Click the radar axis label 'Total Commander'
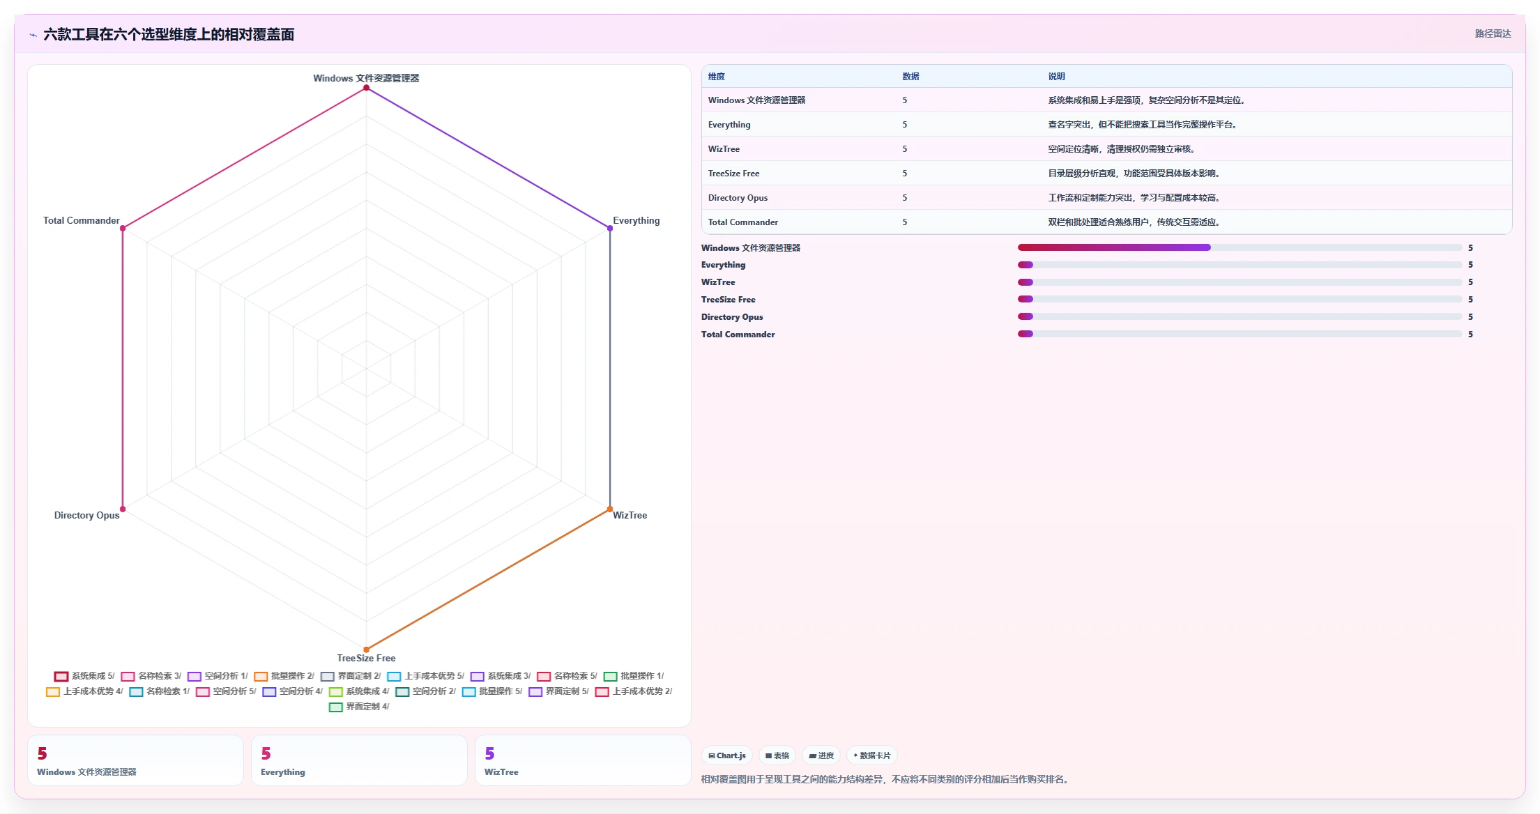(82, 220)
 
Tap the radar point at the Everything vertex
(610, 228)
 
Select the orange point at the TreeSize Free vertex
(367, 650)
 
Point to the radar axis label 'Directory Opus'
(87, 515)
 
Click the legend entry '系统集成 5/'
(84, 676)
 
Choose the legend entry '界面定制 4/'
(359, 707)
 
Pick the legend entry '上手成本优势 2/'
(634, 691)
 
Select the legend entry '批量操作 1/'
(634, 676)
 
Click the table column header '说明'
(1057, 77)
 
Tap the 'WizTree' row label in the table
(724, 149)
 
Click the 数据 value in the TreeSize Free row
(905, 174)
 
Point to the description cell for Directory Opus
(1134, 198)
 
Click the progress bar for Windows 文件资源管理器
(1240, 247)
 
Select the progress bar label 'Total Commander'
(738, 335)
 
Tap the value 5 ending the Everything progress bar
(1471, 265)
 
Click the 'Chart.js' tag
(727, 755)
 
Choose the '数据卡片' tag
(872, 755)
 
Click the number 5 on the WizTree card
(490, 753)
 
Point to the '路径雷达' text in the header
(1493, 33)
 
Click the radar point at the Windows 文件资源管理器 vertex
(367, 87)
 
